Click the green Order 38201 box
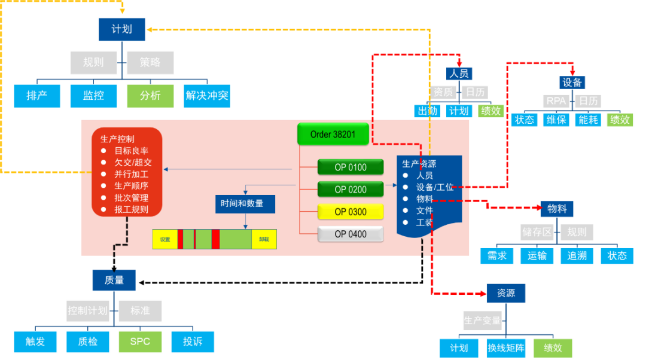(333, 135)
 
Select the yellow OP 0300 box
(351, 212)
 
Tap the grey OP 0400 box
(351, 234)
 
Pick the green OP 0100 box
(351, 167)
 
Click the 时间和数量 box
(245, 204)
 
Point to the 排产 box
(37, 96)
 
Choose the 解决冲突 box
(207, 96)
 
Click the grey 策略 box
(150, 63)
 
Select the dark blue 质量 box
(114, 280)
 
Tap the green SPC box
(139, 341)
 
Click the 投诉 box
(192, 341)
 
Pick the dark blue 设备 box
(572, 82)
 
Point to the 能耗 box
(587, 120)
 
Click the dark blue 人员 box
(459, 74)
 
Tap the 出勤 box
(427, 111)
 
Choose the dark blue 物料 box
(557, 209)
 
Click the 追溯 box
(577, 256)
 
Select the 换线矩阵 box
(506, 348)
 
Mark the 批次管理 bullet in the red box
(131, 198)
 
